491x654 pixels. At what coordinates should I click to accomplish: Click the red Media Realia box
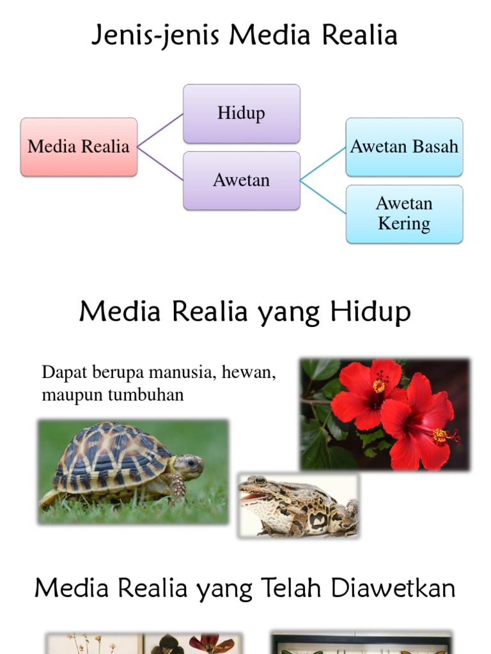(x=79, y=147)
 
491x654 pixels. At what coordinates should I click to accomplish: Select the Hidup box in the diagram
(x=241, y=114)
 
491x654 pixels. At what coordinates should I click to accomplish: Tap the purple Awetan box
(x=241, y=181)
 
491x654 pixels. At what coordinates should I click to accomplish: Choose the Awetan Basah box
(x=404, y=147)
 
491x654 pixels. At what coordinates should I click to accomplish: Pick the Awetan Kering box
(x=404, y=214)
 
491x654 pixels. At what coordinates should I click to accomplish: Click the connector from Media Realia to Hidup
(x=160, y=130)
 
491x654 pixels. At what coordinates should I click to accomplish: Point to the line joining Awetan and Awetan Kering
(x=323, y=197)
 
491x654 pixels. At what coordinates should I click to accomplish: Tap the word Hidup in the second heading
(x=371, y=312)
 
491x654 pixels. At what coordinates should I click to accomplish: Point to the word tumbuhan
(x=146, y=395)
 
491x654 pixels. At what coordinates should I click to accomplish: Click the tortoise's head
(x=189, y=466)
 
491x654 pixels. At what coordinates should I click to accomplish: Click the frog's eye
(x=260, y=480)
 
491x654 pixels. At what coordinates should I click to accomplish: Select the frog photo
(x=299, y=505)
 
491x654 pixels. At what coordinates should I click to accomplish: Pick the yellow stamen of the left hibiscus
(x=379, y=384)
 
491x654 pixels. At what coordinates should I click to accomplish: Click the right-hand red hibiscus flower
(x=419, y=422)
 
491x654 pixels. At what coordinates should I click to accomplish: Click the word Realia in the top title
(x=361, y=36)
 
